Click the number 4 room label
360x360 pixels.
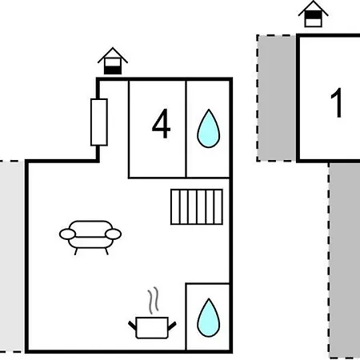162,123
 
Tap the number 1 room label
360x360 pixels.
337,102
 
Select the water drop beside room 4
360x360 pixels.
209,128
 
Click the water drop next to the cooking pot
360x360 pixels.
209,318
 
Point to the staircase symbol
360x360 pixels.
197,207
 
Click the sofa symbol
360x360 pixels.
90,238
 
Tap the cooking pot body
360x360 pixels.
152,327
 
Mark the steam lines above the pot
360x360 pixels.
154,300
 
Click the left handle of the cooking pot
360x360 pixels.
132,326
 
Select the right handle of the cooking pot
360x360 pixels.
172,326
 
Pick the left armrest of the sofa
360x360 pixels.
67,234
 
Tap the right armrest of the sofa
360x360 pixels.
114,234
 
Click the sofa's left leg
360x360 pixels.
76,251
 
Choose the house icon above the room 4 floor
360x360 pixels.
113,61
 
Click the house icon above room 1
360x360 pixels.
314,14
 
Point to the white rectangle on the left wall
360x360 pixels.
99,122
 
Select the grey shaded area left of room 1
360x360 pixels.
277,98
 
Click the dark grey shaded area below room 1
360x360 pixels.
344,261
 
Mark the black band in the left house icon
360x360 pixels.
113,70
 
